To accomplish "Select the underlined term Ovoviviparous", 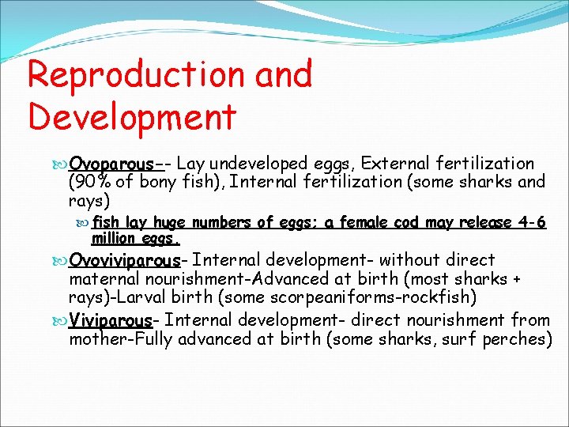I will click(125, 260).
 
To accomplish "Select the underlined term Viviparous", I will click(110, 321).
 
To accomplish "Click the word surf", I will click(462, 339).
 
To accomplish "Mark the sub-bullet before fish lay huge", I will click(84, 223).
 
